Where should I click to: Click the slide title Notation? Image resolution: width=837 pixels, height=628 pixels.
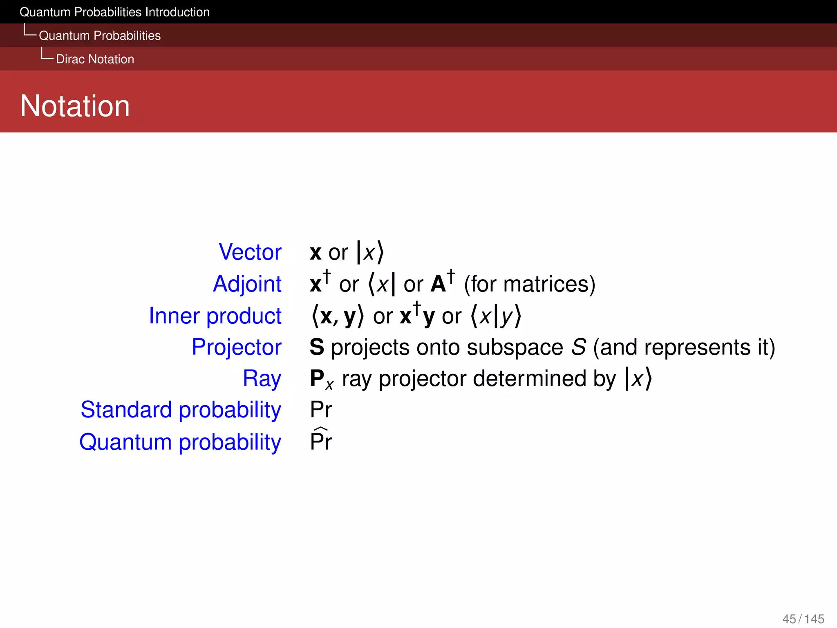tap(75, 106)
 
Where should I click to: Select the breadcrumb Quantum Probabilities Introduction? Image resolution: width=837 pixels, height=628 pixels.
tap(114, 12)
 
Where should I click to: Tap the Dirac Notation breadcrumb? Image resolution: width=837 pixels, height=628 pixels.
tap(95, 59)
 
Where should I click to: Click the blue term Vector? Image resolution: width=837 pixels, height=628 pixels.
tap(250, 252)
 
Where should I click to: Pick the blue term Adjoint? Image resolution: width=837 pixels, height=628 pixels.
tap(247, 284)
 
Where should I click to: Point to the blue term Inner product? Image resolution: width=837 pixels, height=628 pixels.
tap(215, 316)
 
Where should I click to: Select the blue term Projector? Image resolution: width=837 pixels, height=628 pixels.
tap(237, 347)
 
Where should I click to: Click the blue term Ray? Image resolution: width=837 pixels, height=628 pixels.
tap(262, 378)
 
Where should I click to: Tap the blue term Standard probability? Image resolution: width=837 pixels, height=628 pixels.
tap(181, 410)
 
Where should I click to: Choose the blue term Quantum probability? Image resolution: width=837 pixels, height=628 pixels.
tap(180, 442)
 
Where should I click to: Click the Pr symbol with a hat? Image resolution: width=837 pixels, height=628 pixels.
tap(321, 440)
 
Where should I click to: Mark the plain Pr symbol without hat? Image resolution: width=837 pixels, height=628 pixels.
tap(321, 409)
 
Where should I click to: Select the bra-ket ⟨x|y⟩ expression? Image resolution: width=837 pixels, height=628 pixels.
tap(496, 316)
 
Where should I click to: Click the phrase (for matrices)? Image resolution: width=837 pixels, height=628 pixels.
tap(530, 284)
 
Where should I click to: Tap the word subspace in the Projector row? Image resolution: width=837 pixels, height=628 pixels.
tap(515, 348)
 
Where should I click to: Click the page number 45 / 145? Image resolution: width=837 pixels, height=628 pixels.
tap(803, 619)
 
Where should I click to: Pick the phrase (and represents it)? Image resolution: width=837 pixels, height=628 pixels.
tap(684, 348)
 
